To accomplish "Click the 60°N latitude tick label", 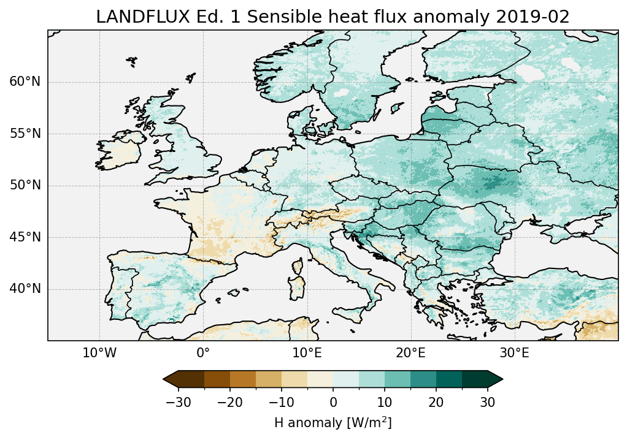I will point(25,82).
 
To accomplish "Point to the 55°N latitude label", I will point(25,134).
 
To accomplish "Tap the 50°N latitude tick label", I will point(25,185).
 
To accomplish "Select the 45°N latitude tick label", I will point(25,237).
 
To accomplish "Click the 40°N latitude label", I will point(25,289).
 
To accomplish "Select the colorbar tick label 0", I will point(333,402).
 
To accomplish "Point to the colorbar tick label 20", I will point(436,402).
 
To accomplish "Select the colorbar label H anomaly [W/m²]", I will point(333,422).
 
